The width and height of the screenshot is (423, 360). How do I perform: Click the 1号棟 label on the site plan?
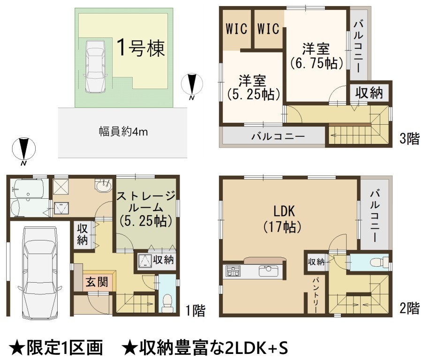(141, 48)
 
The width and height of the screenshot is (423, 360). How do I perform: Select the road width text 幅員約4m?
(123, 132)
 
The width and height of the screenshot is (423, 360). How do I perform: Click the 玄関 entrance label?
(97, 282)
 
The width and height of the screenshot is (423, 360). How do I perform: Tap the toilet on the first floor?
(167, 303)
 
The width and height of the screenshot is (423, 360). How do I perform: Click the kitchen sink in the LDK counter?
(268, 271)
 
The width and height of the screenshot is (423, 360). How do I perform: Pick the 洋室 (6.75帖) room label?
(316, 56)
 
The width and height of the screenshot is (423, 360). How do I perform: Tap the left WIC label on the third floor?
(236, 29)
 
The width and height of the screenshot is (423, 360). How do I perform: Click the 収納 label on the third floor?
(369, 93)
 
